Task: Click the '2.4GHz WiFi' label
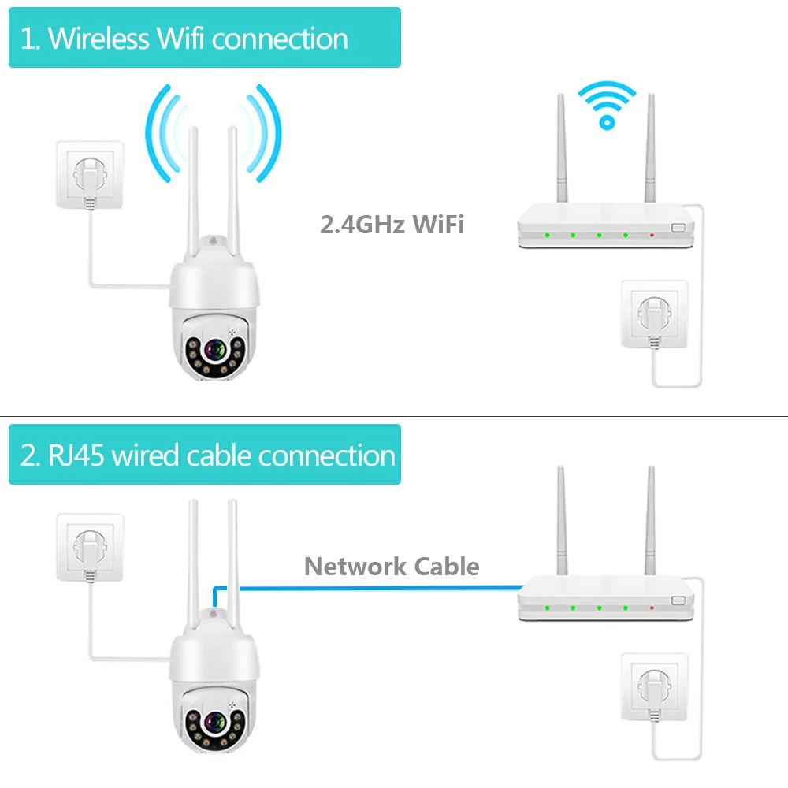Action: (x=392, y=225)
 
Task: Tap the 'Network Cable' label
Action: (x=392, y=567)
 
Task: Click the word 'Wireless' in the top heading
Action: (x=99, y=39)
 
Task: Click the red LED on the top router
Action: (x=652, y=235)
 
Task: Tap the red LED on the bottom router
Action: (x=652, y=608)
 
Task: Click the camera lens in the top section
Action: (x=214, y=349)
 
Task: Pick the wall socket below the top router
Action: (x=654, y=314)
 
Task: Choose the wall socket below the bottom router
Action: (x=654, y=686)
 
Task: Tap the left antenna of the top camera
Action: (x=192, y=197)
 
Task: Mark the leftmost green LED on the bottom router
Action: (x=545, y=608)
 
